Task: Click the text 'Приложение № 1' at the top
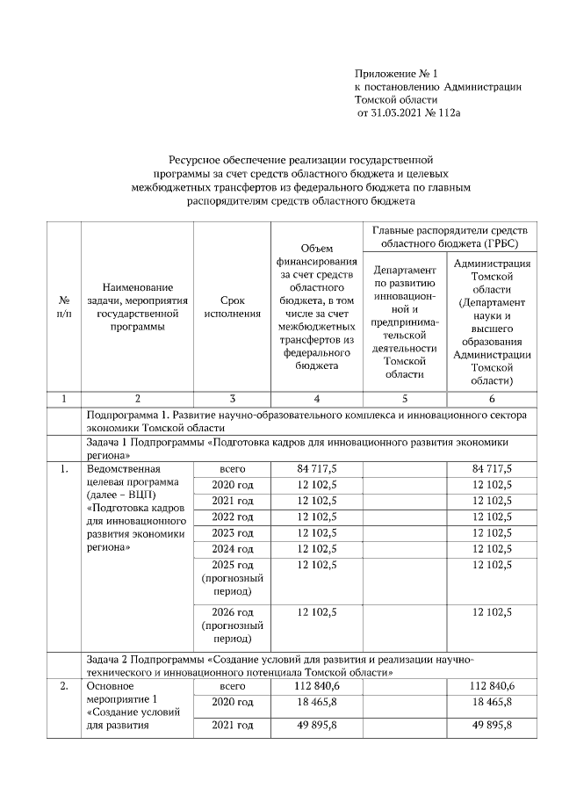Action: click(395, 73)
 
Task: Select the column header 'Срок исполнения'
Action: click(232, 307)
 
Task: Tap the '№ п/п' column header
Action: click(63, 307)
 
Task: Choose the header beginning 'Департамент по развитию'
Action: click(405, 322)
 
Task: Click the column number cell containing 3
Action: click(232, 398)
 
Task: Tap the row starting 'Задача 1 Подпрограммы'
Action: click(299, 449)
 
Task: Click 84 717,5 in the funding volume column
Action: click(317, 469)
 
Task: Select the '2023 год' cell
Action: click(232, 532)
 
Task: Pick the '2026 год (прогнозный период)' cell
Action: click(232, 625)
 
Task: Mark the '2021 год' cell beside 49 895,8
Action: click(232, 725)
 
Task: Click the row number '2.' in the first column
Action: click(63, 685)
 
